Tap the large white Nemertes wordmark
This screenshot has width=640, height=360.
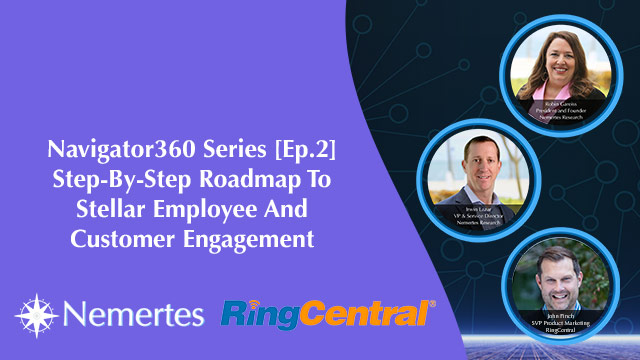pyautogui.click(x=130, y=313)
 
